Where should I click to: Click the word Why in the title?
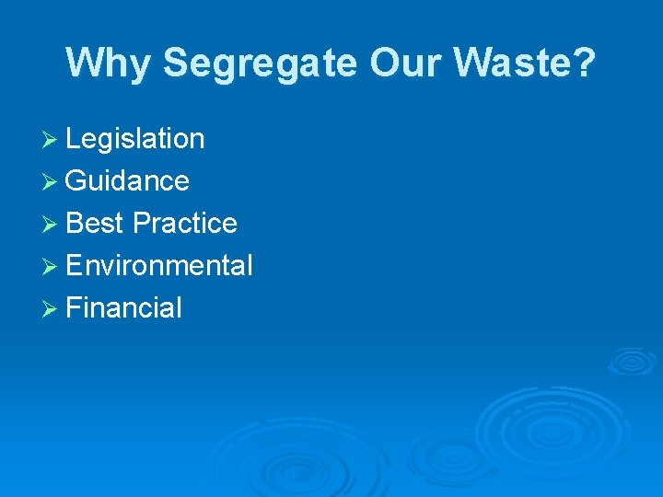110,64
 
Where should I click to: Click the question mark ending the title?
585,64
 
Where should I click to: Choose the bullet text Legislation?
135,139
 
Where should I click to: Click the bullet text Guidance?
128,181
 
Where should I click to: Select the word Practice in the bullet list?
185,224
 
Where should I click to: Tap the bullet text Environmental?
159,266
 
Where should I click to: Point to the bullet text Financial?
124,308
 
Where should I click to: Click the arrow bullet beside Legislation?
52,140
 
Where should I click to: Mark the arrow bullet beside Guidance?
52,182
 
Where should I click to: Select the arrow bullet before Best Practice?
52,225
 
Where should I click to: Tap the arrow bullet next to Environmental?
52,267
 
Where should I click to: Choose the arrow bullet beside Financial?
52,309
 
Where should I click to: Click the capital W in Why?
86,64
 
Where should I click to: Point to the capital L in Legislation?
74,139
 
